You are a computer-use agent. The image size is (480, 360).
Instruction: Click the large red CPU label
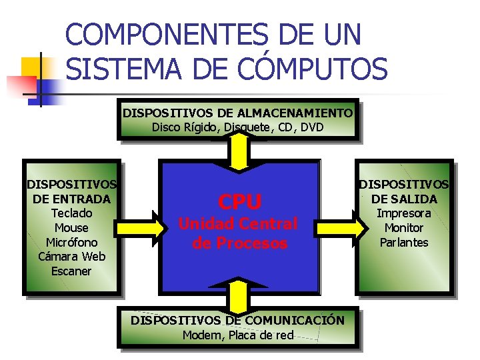[x=241, y=201]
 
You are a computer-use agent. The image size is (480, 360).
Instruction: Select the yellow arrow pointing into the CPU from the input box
[x=141, y=227]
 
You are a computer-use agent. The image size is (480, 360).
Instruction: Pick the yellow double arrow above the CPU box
[x=239, y=151]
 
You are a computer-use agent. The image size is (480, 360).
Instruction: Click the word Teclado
[x=71, y=213]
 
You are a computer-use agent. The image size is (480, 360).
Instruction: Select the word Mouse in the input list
[x=71, y=228]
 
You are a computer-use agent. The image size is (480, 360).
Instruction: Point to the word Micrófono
[x=71, y=242]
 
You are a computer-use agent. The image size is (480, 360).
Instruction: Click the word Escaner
[x=71, y=271]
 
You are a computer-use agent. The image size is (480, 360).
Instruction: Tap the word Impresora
[x=404, y=213]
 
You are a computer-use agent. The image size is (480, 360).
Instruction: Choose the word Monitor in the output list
[x=404, y=228]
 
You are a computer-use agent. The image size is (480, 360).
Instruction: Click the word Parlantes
[x=404, y=242]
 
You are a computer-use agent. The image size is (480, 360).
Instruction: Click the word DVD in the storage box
[x=311, y=127]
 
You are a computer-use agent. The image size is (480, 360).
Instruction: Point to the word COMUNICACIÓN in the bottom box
[x=295, y=321]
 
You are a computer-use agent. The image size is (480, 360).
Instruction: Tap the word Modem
[x=198, y=335]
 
